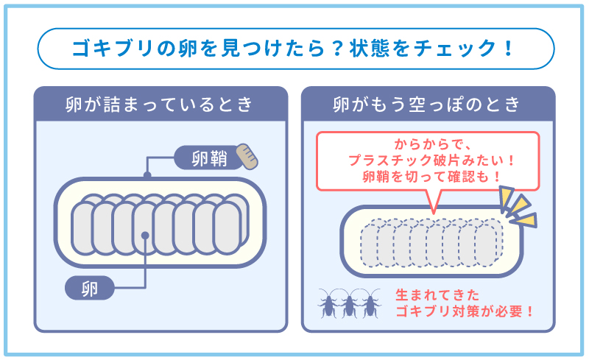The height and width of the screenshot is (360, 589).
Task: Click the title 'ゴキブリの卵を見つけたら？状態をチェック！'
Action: click(294, 49)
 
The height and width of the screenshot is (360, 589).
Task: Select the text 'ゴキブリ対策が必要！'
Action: click(465, 311)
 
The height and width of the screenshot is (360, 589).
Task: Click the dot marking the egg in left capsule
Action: click(147, 236)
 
